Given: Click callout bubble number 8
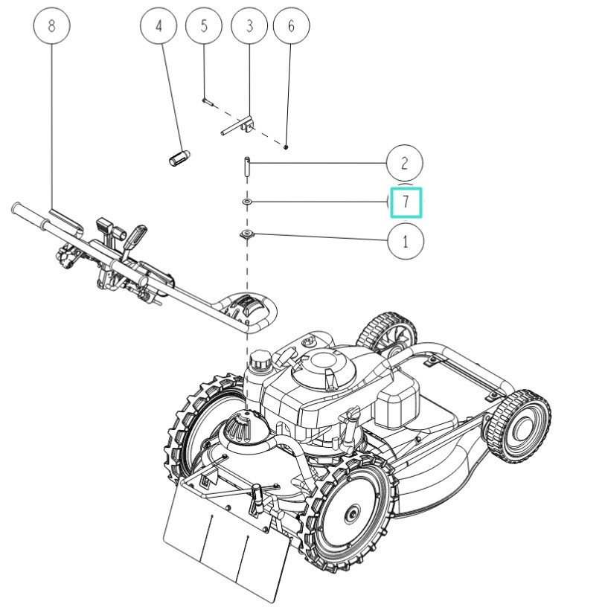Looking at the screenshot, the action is (52, 26).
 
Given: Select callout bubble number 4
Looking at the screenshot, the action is (159, 26).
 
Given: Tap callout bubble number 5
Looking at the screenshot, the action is (204, 26).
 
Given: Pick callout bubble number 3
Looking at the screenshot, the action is (249, 26).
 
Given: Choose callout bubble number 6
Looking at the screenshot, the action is (292, 26).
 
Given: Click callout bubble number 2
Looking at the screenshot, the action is (405, 163).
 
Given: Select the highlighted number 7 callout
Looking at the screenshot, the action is (406, 202).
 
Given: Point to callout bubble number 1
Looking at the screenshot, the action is (406, 242).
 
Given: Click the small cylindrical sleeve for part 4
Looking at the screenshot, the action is (179, 158).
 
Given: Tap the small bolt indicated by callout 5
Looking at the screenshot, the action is (207, 101).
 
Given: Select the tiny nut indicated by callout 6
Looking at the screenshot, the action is (286, 147).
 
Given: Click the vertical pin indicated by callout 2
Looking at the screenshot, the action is (247, 166).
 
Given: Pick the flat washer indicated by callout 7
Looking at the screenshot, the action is (246, 202).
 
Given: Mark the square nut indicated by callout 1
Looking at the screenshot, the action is (246, 234).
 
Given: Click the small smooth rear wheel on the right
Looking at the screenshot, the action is (517, 426).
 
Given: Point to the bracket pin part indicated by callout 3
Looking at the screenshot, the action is (237, 126).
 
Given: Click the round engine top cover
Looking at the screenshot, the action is (324, 366).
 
